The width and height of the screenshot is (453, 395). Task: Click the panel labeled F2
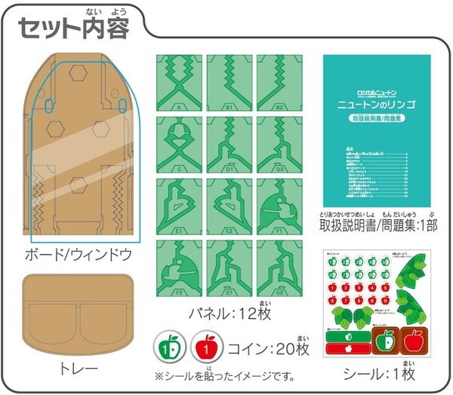click(x=180, y=267)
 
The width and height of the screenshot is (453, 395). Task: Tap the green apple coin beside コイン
click(x=171, y=350)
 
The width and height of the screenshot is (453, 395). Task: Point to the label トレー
click(x=78, y=369)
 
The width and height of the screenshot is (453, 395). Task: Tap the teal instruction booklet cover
click(x=377, y=128)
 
